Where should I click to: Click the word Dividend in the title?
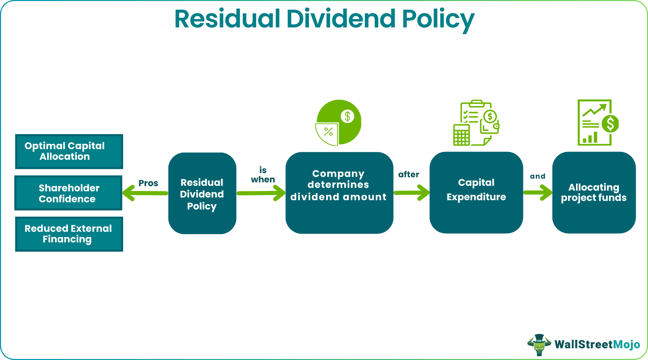[341, 19]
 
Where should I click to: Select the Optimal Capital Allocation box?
[69, 151]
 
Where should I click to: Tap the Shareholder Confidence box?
[68, 193]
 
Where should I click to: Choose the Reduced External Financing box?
[69, 234]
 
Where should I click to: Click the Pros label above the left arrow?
[148, 183]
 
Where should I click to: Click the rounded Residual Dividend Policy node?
[202, 193]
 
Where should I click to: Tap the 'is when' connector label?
[263, 175]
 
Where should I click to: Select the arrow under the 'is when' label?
[261, 193]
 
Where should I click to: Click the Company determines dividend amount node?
[339, 193]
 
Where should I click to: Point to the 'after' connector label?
[408, 174]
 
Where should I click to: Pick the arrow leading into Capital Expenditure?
[411, 193]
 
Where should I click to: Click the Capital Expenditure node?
[476, 193]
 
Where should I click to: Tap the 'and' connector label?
[537, 176]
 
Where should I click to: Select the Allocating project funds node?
[593, 193]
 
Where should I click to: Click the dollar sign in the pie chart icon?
[347, 116]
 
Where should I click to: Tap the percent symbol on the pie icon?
[328, 132]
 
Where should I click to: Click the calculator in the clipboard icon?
[461, 135]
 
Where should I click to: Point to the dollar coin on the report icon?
[610, 124]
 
